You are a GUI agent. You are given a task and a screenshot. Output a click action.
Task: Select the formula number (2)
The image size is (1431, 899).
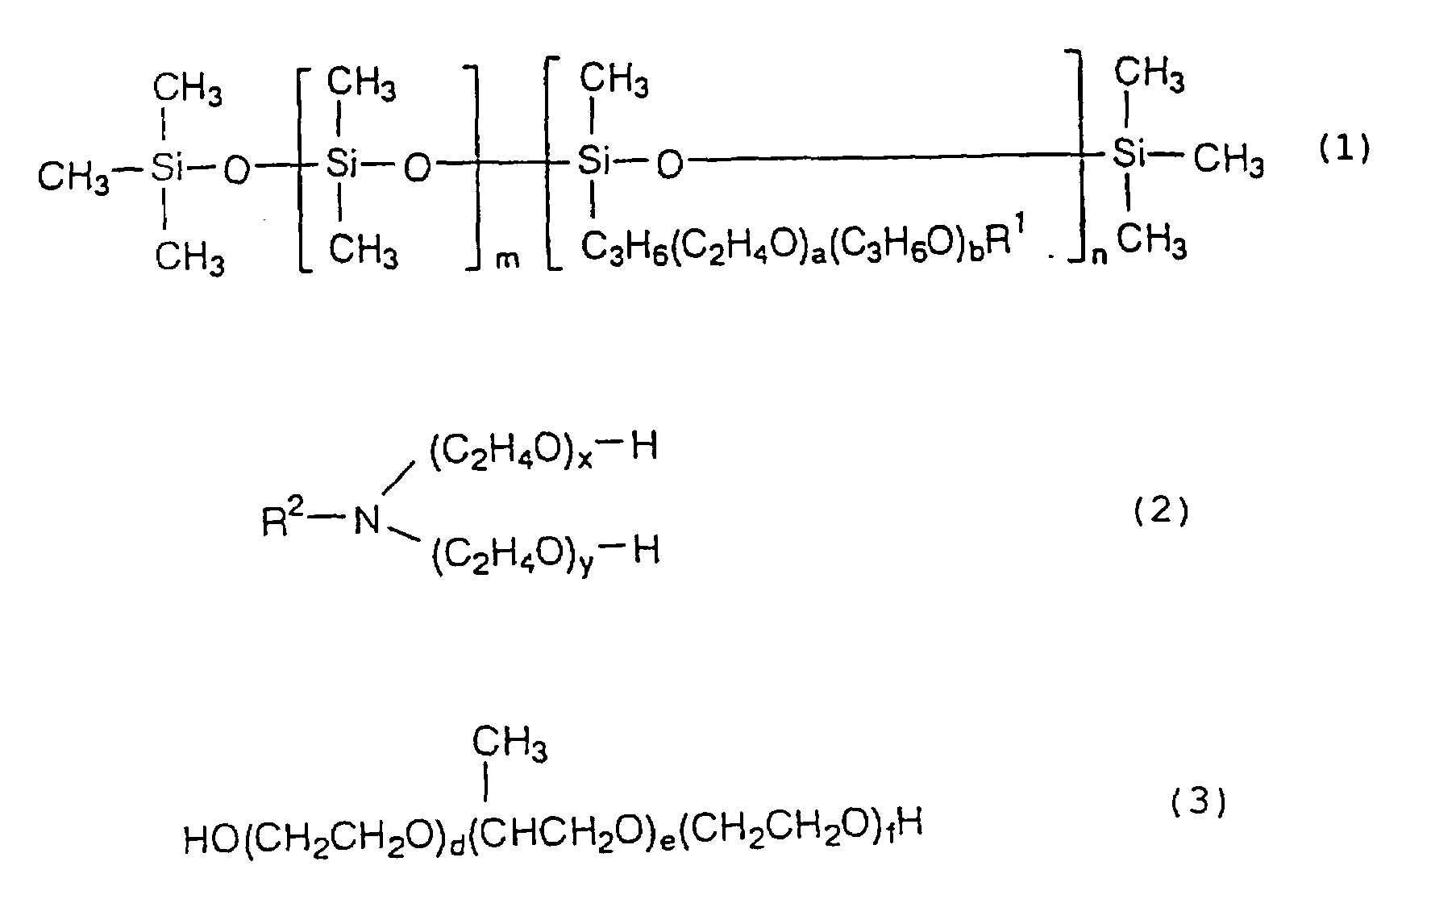1161,512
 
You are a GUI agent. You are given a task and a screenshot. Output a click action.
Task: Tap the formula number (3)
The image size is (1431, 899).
1198,803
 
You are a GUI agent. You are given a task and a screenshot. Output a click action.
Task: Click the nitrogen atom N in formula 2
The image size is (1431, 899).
367,520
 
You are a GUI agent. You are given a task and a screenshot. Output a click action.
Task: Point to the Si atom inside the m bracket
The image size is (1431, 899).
341,165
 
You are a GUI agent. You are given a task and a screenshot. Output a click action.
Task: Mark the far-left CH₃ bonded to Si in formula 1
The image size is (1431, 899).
74,176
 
